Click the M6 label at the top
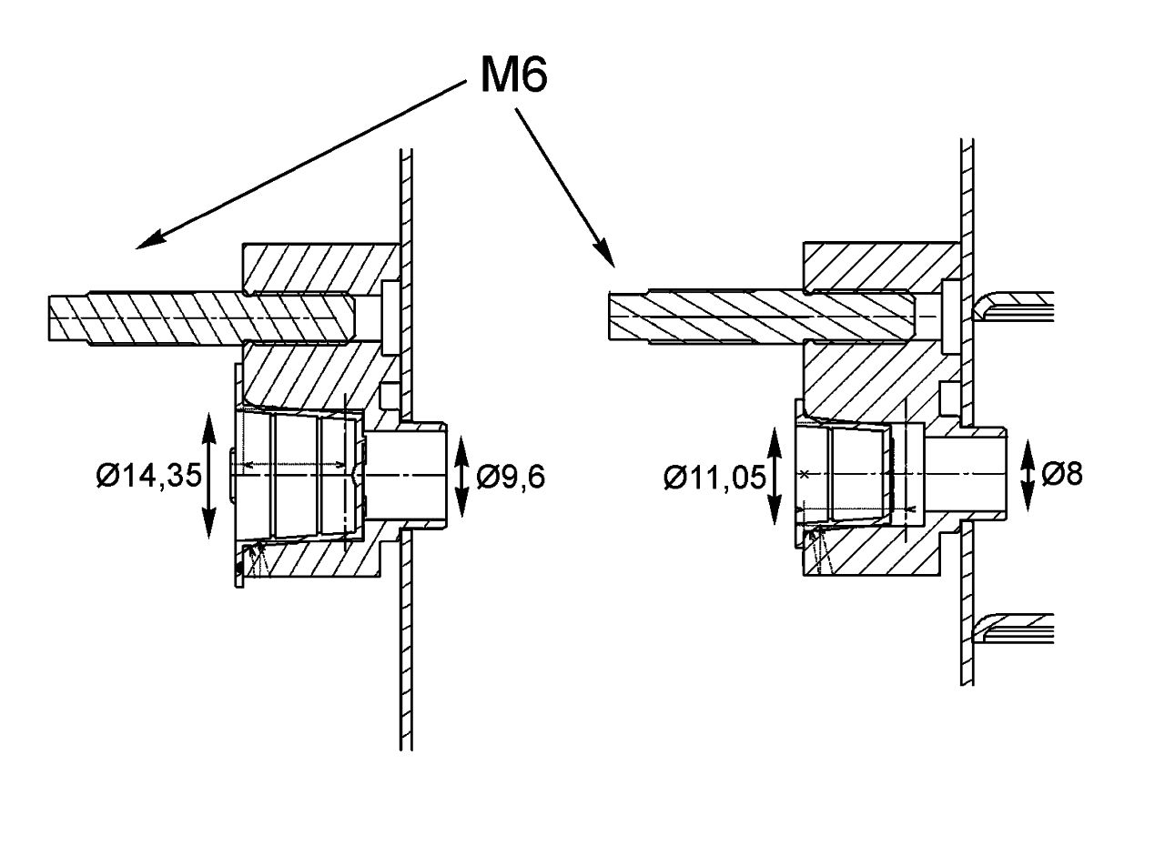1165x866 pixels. tap(513, 75)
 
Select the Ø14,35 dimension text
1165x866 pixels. tap(148, 477)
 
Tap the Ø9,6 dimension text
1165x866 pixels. tap(511, 477)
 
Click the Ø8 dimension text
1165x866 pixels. tap(1061, 474)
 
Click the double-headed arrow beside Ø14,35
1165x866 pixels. tap(209, 476)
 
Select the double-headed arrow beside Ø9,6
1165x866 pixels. tap(461, 477)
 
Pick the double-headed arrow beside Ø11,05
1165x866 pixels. tap(775, 476)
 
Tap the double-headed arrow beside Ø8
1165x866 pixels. tap(1028, 475)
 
